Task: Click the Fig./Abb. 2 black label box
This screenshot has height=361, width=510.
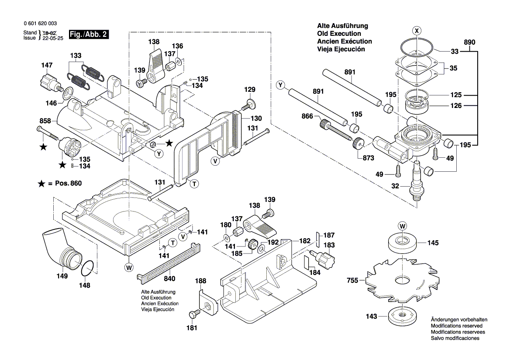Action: tap(89, 35)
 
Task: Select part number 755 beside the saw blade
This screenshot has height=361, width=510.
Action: tap(353, 281)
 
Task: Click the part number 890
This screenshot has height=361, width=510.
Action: tap(469, 42)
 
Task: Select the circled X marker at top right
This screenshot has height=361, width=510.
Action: tap(417, 31)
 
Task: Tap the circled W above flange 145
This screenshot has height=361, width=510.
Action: tap(401, 226)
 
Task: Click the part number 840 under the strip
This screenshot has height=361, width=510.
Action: tap(169, 279)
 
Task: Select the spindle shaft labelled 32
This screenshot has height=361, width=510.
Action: tap(416, 183)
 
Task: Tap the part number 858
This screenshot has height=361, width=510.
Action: tap(45, 121)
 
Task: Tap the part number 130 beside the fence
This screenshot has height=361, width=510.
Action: tap(256, 118)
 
